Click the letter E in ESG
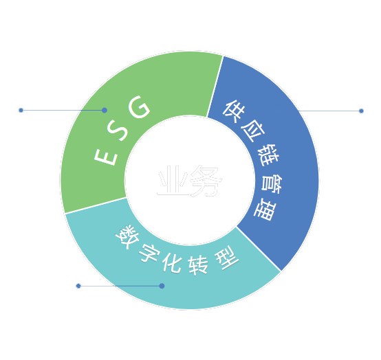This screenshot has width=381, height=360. (106, 157)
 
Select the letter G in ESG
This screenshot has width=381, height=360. (138, 106)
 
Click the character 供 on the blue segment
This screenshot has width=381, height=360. (232, 111)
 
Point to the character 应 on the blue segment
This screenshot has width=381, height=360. (252, 131)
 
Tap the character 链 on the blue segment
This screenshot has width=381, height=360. (268, 154)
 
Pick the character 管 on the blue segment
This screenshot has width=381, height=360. (272, 183)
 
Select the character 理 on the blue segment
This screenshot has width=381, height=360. (265, 210)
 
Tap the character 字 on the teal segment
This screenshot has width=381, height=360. (149, 254)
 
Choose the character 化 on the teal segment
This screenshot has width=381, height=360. (172, 262)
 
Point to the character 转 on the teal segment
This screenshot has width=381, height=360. (198, 265)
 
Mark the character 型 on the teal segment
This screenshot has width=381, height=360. (226, 258)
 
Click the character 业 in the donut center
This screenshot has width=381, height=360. (173, 181)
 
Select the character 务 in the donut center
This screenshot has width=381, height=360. (206, 181)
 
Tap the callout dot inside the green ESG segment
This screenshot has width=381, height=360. (105, 110)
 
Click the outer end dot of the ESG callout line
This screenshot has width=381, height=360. (21, 110)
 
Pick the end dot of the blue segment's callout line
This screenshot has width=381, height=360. (361, 111)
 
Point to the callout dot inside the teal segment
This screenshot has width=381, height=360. (162, 286)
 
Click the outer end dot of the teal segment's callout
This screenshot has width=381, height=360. (78, 286)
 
